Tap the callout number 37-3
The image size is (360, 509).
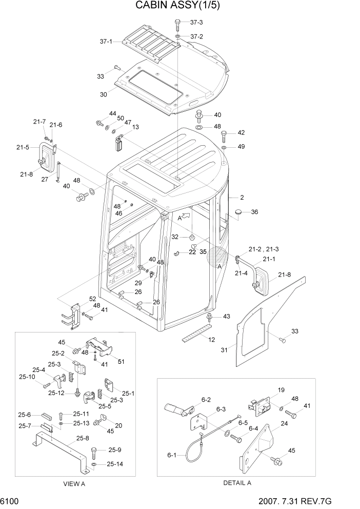point(196,23)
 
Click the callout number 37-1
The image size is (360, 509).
point(106,42)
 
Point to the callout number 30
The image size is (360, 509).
point(104,94)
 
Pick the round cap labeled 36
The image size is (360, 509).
point(238,212)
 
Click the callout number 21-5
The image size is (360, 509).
point(23,147)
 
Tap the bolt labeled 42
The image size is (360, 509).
point(224,135)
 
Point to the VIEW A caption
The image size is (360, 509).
point(74,483)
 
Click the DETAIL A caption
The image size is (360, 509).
point(237,483)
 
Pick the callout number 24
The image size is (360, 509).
point(284,424)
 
